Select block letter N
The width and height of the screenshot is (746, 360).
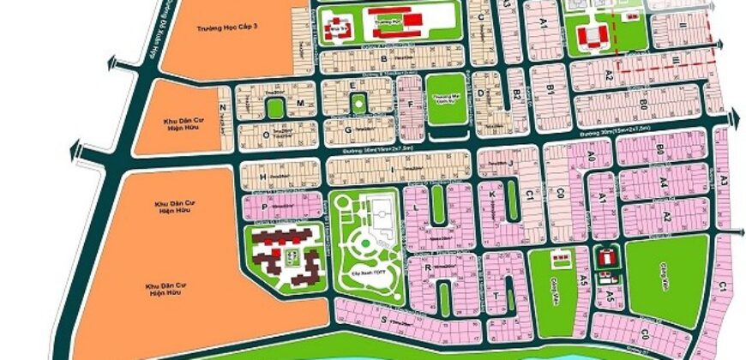click(222, 107)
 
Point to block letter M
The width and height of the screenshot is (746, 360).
click(300, 102)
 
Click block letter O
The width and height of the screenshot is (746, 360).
click(267, 135)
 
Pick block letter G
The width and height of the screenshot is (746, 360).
click(347, 130)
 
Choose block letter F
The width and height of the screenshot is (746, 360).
click(412, 105)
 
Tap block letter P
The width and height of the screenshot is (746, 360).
click(265, 207)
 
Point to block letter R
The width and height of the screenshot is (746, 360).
click(426, 267)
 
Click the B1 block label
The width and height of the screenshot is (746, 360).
click(550, 88)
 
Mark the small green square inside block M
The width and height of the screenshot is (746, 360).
click(274, 108)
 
